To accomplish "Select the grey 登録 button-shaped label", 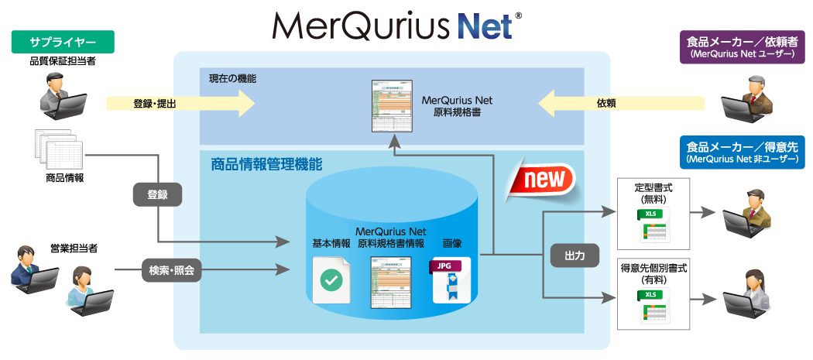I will [x=157, y=194].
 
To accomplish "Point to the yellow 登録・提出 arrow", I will [x=180, y=101].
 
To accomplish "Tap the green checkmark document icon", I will [x=331, y=279].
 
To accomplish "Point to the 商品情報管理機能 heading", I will [x=266, y=164].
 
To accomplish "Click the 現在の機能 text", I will [x=232, y=79].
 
